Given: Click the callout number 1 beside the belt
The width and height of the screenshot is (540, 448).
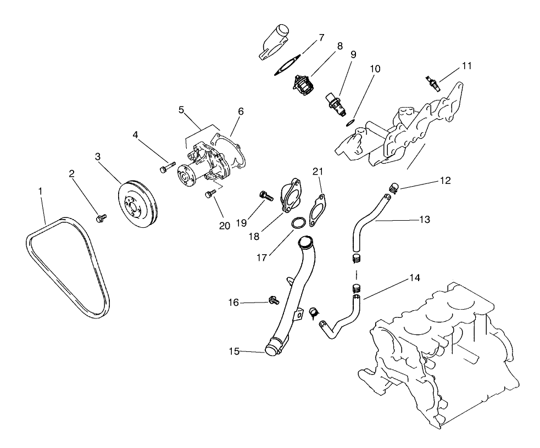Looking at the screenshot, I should (40, 192).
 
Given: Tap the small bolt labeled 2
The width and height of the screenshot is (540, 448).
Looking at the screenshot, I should (101, 219).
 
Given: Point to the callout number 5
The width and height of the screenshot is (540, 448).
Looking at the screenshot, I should (181, 109).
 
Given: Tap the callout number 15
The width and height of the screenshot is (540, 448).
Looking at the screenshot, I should (234, 351).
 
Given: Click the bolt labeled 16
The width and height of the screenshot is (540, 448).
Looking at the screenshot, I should (272, 299).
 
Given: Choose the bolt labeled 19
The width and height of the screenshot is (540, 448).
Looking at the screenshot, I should (266, 194).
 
